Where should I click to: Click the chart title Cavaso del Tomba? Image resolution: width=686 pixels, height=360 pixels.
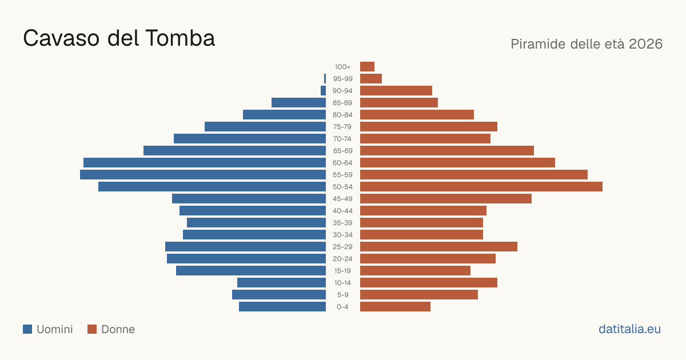pyautogui.click(x=119, y=38)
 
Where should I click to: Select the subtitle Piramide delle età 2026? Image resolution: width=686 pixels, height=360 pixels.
pyautogui.click(x=587, y=44)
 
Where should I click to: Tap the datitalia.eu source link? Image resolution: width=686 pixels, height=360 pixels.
pyautogui.click(x=629, y=329)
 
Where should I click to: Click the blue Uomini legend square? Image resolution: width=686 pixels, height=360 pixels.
pyautogui.click(x=27, y=329)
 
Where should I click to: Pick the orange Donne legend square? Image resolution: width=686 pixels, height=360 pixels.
pyautogui.click(x=92, y=329)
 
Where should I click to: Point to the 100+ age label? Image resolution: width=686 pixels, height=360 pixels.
pyautogui.click(x=342, y=67)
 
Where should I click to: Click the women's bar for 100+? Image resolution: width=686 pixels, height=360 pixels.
pyautogui.click(x=367, y=67)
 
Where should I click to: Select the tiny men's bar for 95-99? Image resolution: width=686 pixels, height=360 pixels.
pyautogui.click(x=325, y=79)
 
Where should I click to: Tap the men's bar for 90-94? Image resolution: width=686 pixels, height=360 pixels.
pyautogui.click(x=323, y=91)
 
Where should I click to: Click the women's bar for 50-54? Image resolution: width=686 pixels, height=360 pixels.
pyautogui.click(x=481, y=187)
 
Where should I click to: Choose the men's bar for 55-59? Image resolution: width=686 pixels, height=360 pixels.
pyautogui.click(x=203, y=175)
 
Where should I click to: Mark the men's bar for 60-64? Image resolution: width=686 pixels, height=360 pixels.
pyautogui.click(x=205, y=162)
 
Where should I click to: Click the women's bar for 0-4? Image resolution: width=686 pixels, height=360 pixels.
pyautogui.click(x=395, y=307)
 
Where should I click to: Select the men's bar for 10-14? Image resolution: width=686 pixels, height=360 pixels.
pyautogui.click(x=281, y=282)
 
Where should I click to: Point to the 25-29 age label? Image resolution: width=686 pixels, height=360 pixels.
pyautogui.click(x=342, y=247)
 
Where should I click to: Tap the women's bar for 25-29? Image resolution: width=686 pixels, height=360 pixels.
pyautogui.click(x=438, y=247)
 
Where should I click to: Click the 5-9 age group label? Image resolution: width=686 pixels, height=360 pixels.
pyautogui.click(x=342, y=295)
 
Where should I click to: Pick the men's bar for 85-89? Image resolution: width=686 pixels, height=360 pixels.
pyautogui.click(x=298, y=102)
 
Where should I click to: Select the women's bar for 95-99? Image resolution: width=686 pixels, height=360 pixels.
pyautogui.click(x=371, y=79)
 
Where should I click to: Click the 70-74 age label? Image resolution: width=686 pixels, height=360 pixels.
pyautogui.click(x=342, y=139)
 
